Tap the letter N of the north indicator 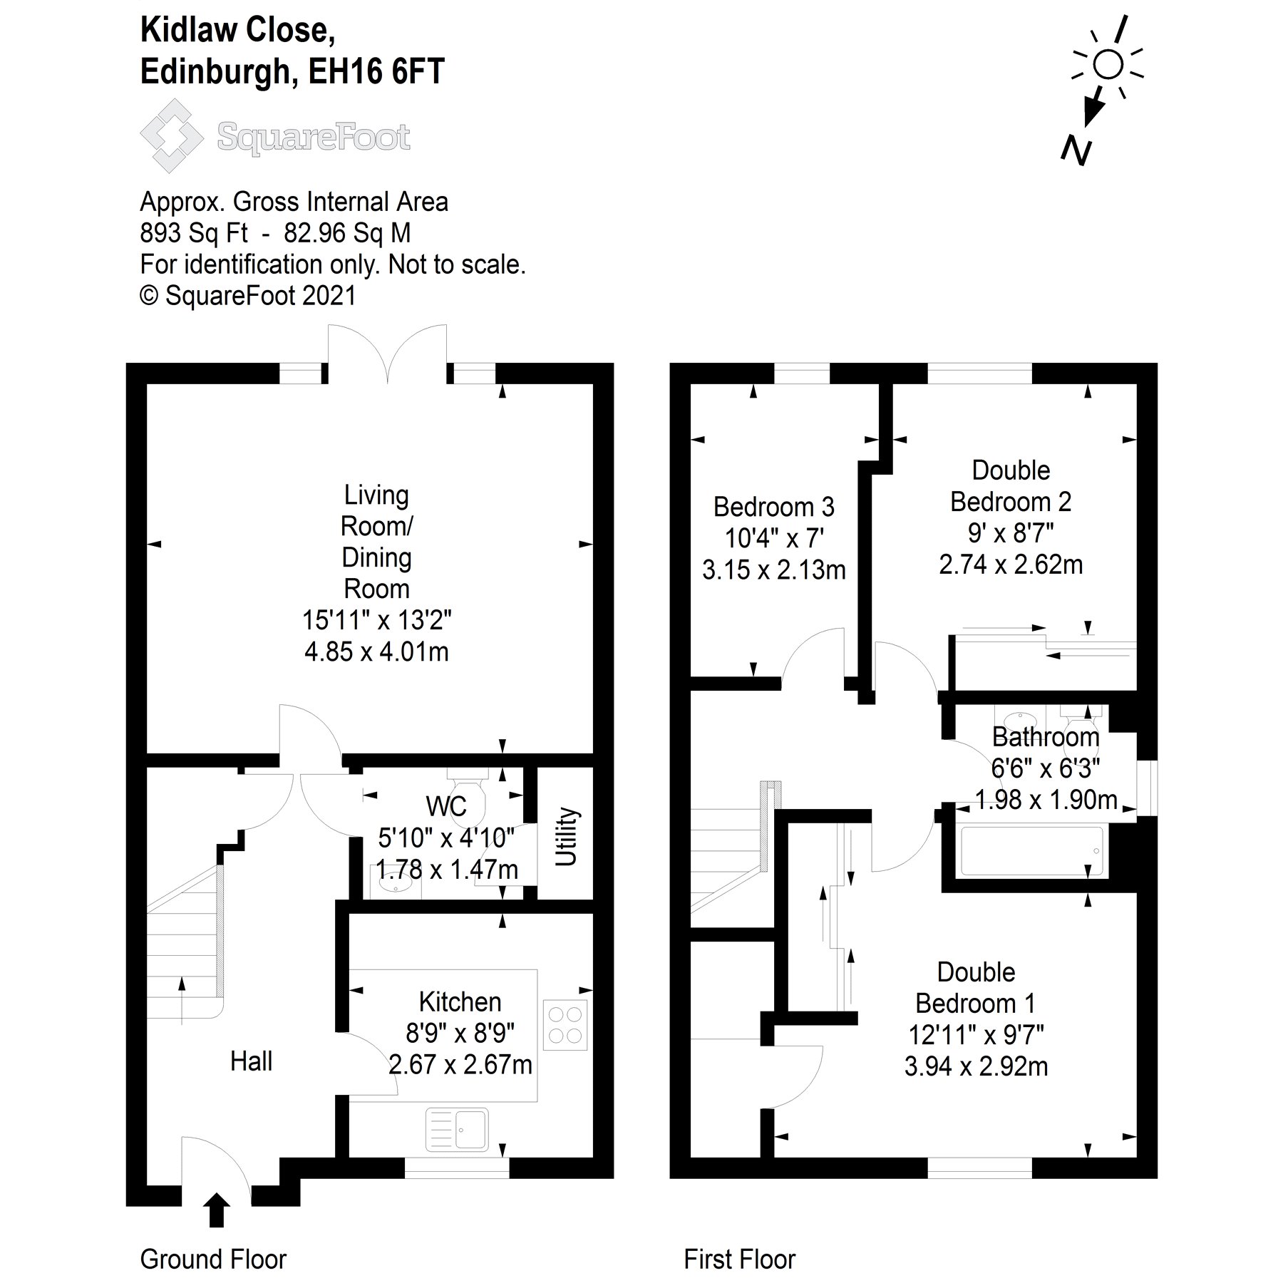[x=1076, y=150]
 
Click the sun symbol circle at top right [x=1108, y=64]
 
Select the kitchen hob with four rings [x=565, y=1025]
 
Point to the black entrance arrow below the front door [x=217, y=1210]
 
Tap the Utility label [x=566, y=836]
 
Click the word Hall [x=251, y=1061]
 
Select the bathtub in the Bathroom [x=1031, y=850]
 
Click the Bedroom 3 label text [x=773, y=507]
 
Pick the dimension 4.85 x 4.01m [x=376, y=651]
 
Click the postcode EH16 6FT [x=376, y=71]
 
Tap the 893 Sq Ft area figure [x=194, y=233]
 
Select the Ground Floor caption [x=213, y=1259]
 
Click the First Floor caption [x=739, y=1259]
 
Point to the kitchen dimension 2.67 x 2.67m [x=460, y=1064]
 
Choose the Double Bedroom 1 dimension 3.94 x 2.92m [x=976, y=1066]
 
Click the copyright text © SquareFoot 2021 [x=247, y=295]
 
